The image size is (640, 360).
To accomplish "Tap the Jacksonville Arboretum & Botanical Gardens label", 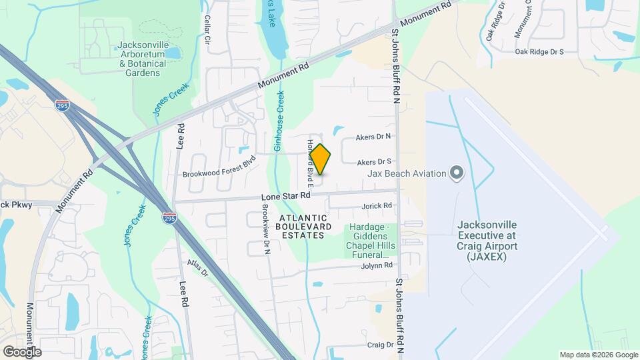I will point(142,59).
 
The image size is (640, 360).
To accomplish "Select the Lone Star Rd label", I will point(286,197).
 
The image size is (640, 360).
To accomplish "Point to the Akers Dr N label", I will point(373,137).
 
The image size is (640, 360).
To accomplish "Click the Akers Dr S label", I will point(373,162).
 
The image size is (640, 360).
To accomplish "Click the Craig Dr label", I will point(380,345).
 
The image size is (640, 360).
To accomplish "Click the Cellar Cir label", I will point(207,29).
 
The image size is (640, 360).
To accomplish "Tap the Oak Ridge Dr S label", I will point(539,51).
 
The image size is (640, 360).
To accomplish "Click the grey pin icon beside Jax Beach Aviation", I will point(457,173).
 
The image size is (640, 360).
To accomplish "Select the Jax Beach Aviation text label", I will point(407,173).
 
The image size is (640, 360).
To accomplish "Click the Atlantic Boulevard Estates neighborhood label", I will point(304,227).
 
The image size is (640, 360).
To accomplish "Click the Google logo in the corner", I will point(22,351).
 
